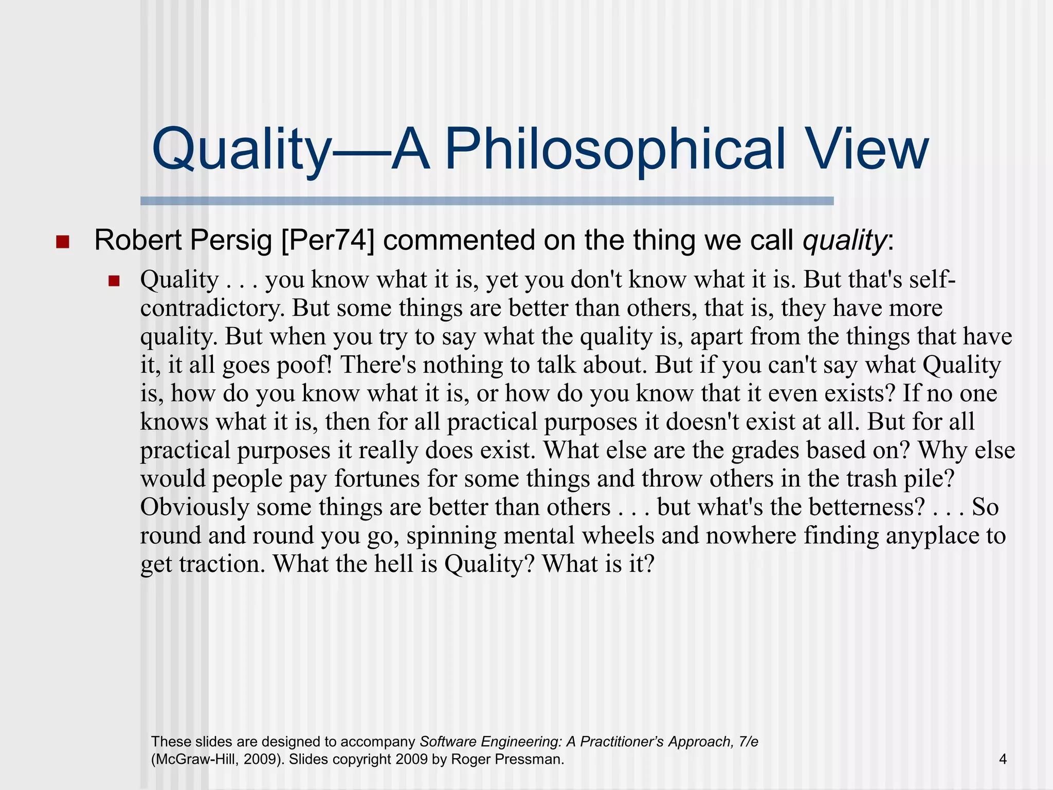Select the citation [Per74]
[x=328, y=241]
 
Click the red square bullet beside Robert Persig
[x=62, y=242]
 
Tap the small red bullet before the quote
[x=114, y=281]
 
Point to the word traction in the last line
[x=222, y=564]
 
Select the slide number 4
[x=1003, y=759]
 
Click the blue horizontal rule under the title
[x=486, y=201]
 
